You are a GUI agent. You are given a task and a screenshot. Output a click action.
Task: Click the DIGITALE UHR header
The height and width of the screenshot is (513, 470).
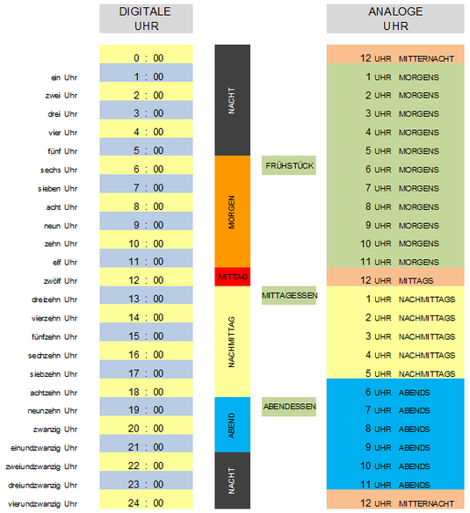coord(146,18)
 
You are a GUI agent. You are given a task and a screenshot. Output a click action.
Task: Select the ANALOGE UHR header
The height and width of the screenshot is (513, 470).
coord(395,18)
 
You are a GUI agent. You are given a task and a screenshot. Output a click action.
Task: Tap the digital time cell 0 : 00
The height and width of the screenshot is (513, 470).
coord(146,54)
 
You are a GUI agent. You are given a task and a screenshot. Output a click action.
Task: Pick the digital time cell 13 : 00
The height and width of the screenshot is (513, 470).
coord(146,295)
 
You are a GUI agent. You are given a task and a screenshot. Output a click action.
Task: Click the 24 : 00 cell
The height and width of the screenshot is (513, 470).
coord(146,500)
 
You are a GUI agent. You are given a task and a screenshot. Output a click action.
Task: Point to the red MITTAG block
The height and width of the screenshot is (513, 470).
coord(233,277)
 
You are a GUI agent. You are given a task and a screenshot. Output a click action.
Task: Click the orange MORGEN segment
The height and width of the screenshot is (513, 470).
coord(233,212)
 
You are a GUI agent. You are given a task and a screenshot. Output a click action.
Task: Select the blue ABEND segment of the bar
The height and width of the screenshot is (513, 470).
coord(233,424)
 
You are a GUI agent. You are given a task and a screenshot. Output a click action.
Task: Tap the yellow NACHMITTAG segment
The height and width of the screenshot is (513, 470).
coord(233,342)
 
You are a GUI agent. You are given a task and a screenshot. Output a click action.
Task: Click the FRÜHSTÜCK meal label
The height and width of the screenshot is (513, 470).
coord(289,165)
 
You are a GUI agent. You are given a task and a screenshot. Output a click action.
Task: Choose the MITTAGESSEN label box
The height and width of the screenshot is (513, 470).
coord(289,295)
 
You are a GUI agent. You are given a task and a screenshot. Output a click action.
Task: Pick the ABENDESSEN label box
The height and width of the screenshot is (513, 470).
coord(289,407)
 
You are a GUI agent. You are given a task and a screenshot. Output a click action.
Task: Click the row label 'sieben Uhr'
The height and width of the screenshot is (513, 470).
coord(58,189)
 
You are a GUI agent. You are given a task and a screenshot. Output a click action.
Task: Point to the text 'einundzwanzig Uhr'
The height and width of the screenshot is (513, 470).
coord(44,448)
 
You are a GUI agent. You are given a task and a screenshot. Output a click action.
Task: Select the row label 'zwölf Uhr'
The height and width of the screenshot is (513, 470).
coord(61,281)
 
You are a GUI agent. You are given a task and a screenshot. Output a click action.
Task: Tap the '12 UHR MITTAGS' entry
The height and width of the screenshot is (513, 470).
coord(397,281)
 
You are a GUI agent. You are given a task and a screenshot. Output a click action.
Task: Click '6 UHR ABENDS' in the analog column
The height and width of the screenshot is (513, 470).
coord(397,393)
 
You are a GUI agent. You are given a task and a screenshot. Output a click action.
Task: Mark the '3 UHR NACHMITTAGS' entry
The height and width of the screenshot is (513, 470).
coord(410,336)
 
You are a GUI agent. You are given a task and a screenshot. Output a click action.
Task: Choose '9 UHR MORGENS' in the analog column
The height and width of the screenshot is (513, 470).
coord(402,226)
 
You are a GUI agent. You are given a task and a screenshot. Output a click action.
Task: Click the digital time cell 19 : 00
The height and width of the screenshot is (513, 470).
coord(146,407)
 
